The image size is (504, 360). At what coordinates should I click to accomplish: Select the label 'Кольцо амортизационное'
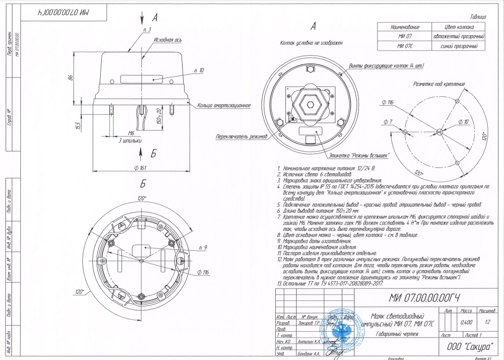click(x=223, y=105)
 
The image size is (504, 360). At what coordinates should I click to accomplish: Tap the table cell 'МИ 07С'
click(x=402, y=47)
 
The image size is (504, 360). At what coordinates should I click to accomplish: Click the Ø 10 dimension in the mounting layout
click(x=463, y=121)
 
